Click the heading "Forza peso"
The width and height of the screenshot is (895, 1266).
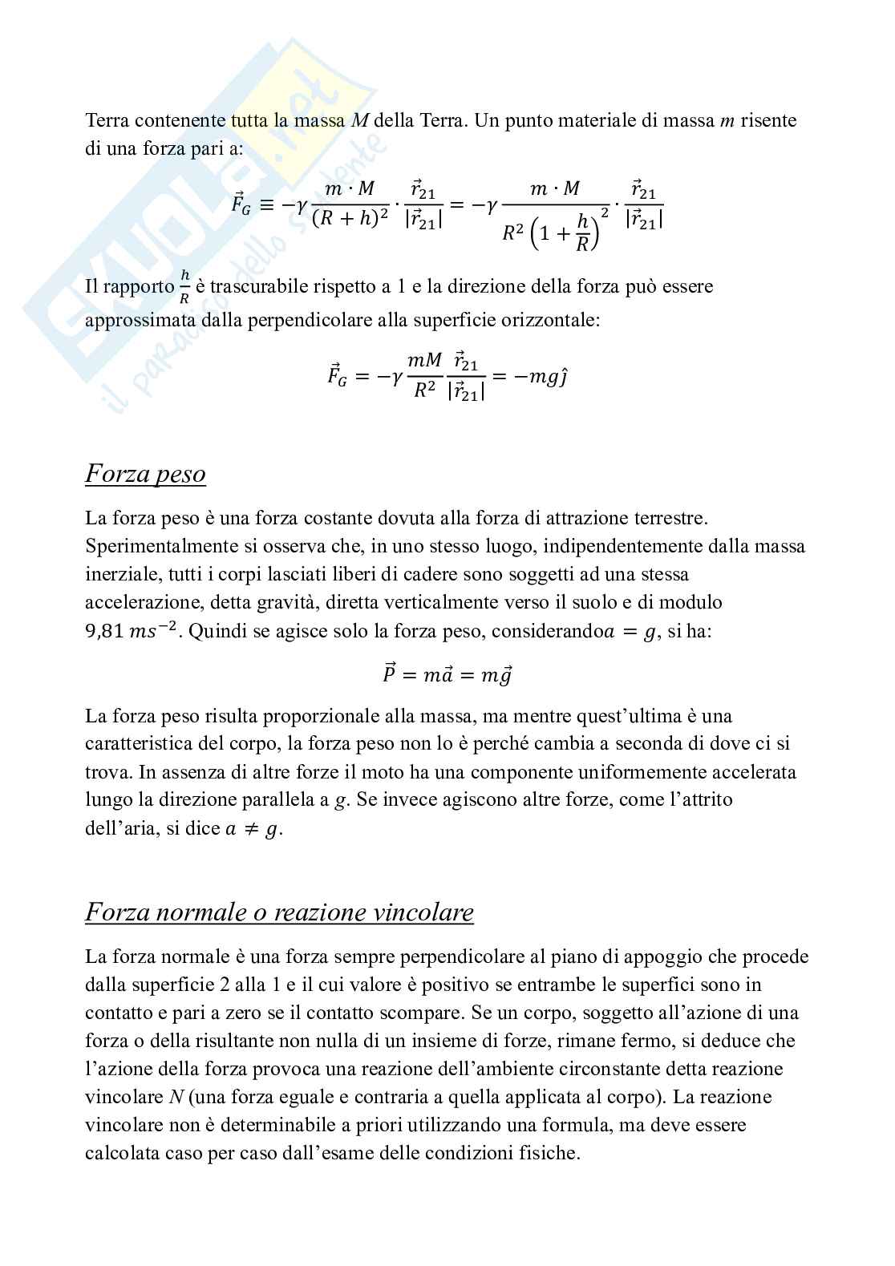point(145,474)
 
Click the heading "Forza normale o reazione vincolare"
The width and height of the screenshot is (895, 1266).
point(279,912)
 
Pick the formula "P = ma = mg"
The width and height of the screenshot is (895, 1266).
point(447,674)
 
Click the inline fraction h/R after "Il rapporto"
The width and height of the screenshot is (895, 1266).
point(184,287)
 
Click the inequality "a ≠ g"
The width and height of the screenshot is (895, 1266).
point(253,829)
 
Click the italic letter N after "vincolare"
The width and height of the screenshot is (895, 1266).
point(176,1098)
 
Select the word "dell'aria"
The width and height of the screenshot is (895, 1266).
point(112,828)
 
